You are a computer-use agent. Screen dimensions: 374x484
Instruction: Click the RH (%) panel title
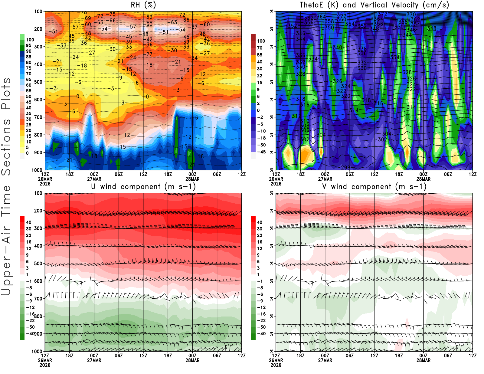click(x=143, y=5)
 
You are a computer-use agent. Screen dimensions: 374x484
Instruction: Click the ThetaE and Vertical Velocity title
click(x=374, y=5)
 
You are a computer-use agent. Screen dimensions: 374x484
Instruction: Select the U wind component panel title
click(x=143, y=186)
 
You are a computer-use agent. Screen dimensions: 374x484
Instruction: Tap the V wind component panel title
click(x=374, y=186)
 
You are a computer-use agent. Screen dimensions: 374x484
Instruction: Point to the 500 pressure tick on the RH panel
click(x=38, y=82)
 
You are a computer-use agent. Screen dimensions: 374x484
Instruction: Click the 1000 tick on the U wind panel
click(x=37, y=352)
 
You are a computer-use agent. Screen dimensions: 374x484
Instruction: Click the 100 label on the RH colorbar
click(x=30, y=40)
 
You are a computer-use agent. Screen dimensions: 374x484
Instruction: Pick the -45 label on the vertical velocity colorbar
click(x=261, y=152)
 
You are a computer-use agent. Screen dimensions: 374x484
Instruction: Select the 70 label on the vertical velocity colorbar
click(x=260, y=48)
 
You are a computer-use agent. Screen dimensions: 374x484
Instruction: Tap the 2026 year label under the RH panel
click(x=45, y=184)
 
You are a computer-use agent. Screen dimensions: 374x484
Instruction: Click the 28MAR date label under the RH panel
click(x=192, y=179)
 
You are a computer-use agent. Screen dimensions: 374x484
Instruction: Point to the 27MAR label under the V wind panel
click(x=325, y=360)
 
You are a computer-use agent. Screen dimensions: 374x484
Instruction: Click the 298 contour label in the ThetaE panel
click(x=345, y=167)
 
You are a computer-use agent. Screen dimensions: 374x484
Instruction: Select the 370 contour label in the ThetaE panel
click(x=411, y=15)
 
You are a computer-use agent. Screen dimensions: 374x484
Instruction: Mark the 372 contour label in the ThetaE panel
click(x=382, y=14)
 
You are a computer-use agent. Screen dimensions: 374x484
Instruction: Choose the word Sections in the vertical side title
click(x=6, y=147)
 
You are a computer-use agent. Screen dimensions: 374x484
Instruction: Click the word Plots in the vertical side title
click(x=6, y=94)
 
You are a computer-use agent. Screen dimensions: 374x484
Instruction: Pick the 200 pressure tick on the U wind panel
click(x=38, y=211)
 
